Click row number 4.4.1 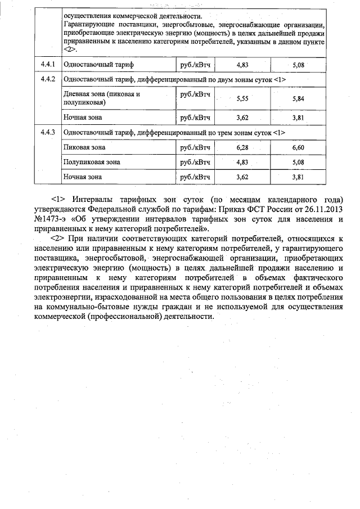[47, 65]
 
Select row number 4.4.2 [47, 79]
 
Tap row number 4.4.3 [47, 133]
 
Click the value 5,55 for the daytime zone [242, 98]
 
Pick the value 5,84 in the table [298, 98]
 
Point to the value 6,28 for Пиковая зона [242, 147]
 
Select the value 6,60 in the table [298, 147]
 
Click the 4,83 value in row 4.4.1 [242, 65]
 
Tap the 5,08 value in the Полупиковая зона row [298, 162]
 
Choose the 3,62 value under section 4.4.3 [242, 177]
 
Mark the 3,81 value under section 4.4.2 [298, 118]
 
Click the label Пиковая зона [84, 147]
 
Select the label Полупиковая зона [92, 162]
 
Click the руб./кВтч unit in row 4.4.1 [195, 65]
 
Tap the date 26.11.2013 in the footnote [323, 209]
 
